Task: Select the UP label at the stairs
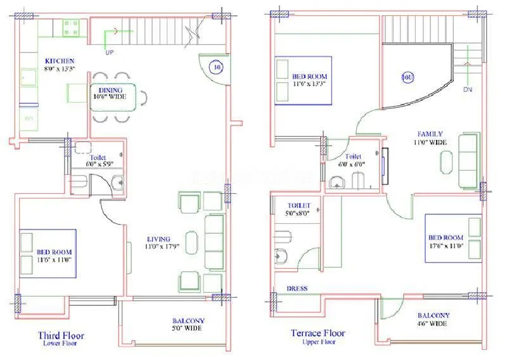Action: pyautogui.click(x=110, y=51)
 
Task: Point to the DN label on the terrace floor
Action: pyautogui.click(x=468, y=90)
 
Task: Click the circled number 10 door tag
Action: pyautogui.click(x=217, y=65)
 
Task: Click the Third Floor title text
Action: pyautogui.click(x=61, y=335)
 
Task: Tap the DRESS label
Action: pyautogui.click(x=297, y=289)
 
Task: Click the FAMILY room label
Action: pyautogui.click(x=430, y=134)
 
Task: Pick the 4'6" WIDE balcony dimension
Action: pyautogui.click(x=433, y=324)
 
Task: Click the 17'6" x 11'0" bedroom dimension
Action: pyautogui.click(x=448, y=245)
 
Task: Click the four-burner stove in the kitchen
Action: pyautogui.click(x=71, y=29)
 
